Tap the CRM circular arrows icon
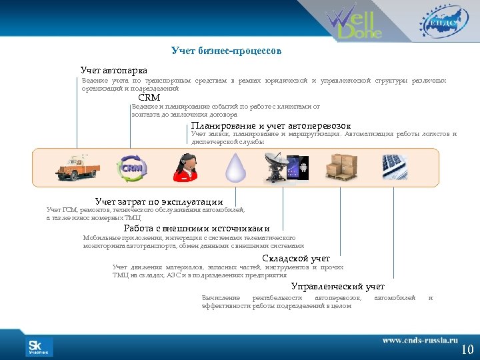point(131,168)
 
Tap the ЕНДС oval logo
point(439,21)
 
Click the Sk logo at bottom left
point(39,347)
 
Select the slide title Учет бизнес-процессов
point(226,51)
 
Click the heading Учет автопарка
point(114,70)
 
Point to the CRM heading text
point(149,97)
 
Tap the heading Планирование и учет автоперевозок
point(271,125)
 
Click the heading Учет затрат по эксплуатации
point(159,201)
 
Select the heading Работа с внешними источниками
point(197,229)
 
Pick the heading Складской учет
point(295,258)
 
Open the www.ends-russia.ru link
point(420,340)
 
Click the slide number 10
point(467,349)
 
